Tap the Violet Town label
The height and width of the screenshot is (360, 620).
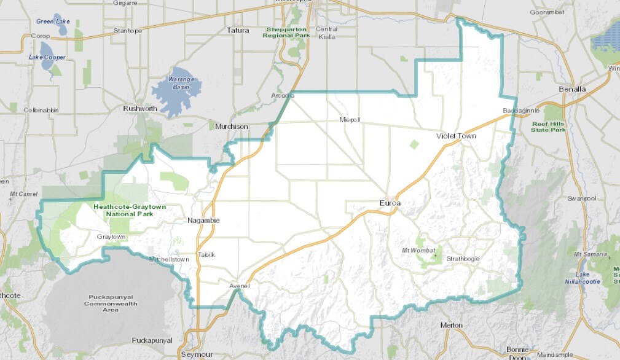457,136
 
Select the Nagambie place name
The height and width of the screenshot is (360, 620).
203,220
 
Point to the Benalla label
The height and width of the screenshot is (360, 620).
573,88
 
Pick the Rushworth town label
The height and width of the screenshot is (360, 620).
140,109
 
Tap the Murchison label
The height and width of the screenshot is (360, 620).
232,127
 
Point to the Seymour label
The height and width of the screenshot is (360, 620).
196,354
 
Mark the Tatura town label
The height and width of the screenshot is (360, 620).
238,29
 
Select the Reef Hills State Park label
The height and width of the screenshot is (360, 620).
549,127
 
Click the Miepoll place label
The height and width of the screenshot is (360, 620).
350,119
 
